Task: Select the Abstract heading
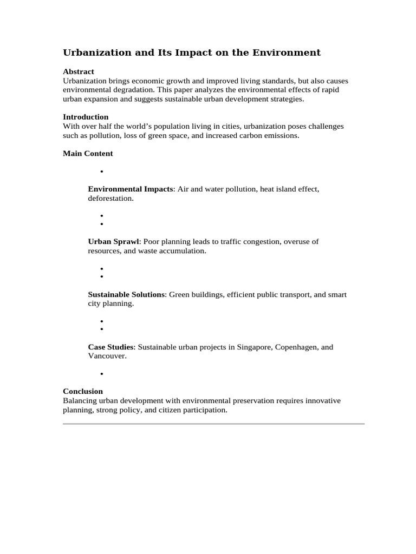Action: pos(79,71)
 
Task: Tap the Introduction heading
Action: pos(86,117)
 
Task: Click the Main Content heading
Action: pos(88,153)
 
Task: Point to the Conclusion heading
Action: pos(83,391)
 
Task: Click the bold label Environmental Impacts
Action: pos(131,189)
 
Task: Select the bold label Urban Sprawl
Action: pos(114,242)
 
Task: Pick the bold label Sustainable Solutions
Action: pos(126,294)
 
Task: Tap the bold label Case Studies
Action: pos(110,347)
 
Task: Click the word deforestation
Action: pos(110,199)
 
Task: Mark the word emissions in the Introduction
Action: pos(281,135)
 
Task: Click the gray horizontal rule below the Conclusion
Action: pos(213,424)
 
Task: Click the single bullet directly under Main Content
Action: pos(101,172)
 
